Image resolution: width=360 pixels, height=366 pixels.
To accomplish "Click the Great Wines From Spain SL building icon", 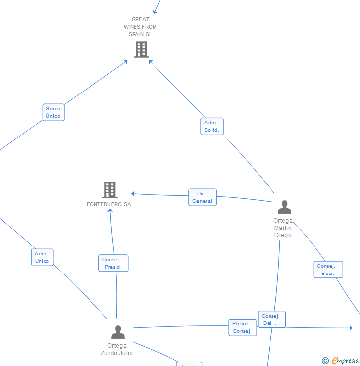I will pyautogui.click(x=141, y=49).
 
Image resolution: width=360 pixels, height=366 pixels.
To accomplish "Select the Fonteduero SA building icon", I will pyautogui.click(x=110, y=189).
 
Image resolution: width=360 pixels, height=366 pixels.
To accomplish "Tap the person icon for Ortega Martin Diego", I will pyautogui.click(x=284, y=207).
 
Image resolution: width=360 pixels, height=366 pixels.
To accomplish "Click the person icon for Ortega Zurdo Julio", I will pyautogui.click(x=118, y=332).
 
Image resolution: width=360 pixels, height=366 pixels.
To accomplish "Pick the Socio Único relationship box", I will pyautogui.click(x=53, y=112).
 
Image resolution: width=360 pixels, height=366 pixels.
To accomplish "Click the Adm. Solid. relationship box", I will pyautogui.click(x=212, y=126).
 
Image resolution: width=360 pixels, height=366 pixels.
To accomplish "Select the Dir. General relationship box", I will pyautogui.click(x=202, y=197).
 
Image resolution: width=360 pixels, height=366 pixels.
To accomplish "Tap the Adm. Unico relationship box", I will pyautogui.click(x=42, y=257).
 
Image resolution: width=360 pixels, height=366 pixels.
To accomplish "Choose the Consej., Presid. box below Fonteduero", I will pyautogui.click(x=113, y=263).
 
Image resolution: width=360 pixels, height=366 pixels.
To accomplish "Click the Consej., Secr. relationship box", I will pyautogui.click(x=328, y=270).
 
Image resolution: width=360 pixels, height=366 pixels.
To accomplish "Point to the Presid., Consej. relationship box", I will pyautogui.click(x=242, y=327).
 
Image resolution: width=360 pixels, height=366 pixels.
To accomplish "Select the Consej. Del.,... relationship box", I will pyautogui.click(x=271, y=320).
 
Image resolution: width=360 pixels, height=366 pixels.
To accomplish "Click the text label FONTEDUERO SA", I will pyautogui.click(x=109, y=204).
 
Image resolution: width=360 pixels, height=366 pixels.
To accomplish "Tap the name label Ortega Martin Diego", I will pyautogui.click(x=283, y=228).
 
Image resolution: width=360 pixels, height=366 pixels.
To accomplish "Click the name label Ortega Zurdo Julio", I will pyautogui.click(x=117, y=349).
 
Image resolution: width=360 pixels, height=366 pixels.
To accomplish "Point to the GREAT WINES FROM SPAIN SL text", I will pyautogui.click(x=140, y=27).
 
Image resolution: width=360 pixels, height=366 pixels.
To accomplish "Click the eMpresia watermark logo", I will pyautogui.click(x=345, y=361).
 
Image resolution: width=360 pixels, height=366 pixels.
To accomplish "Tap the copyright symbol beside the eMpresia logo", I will pyautogui.click(x=325, y=361).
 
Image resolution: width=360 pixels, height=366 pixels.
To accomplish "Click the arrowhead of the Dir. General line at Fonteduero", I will pyautogui.click(x=133, y=194).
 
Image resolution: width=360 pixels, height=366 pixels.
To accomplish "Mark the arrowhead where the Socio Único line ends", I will pyautogui.click(x=126, y=61).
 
